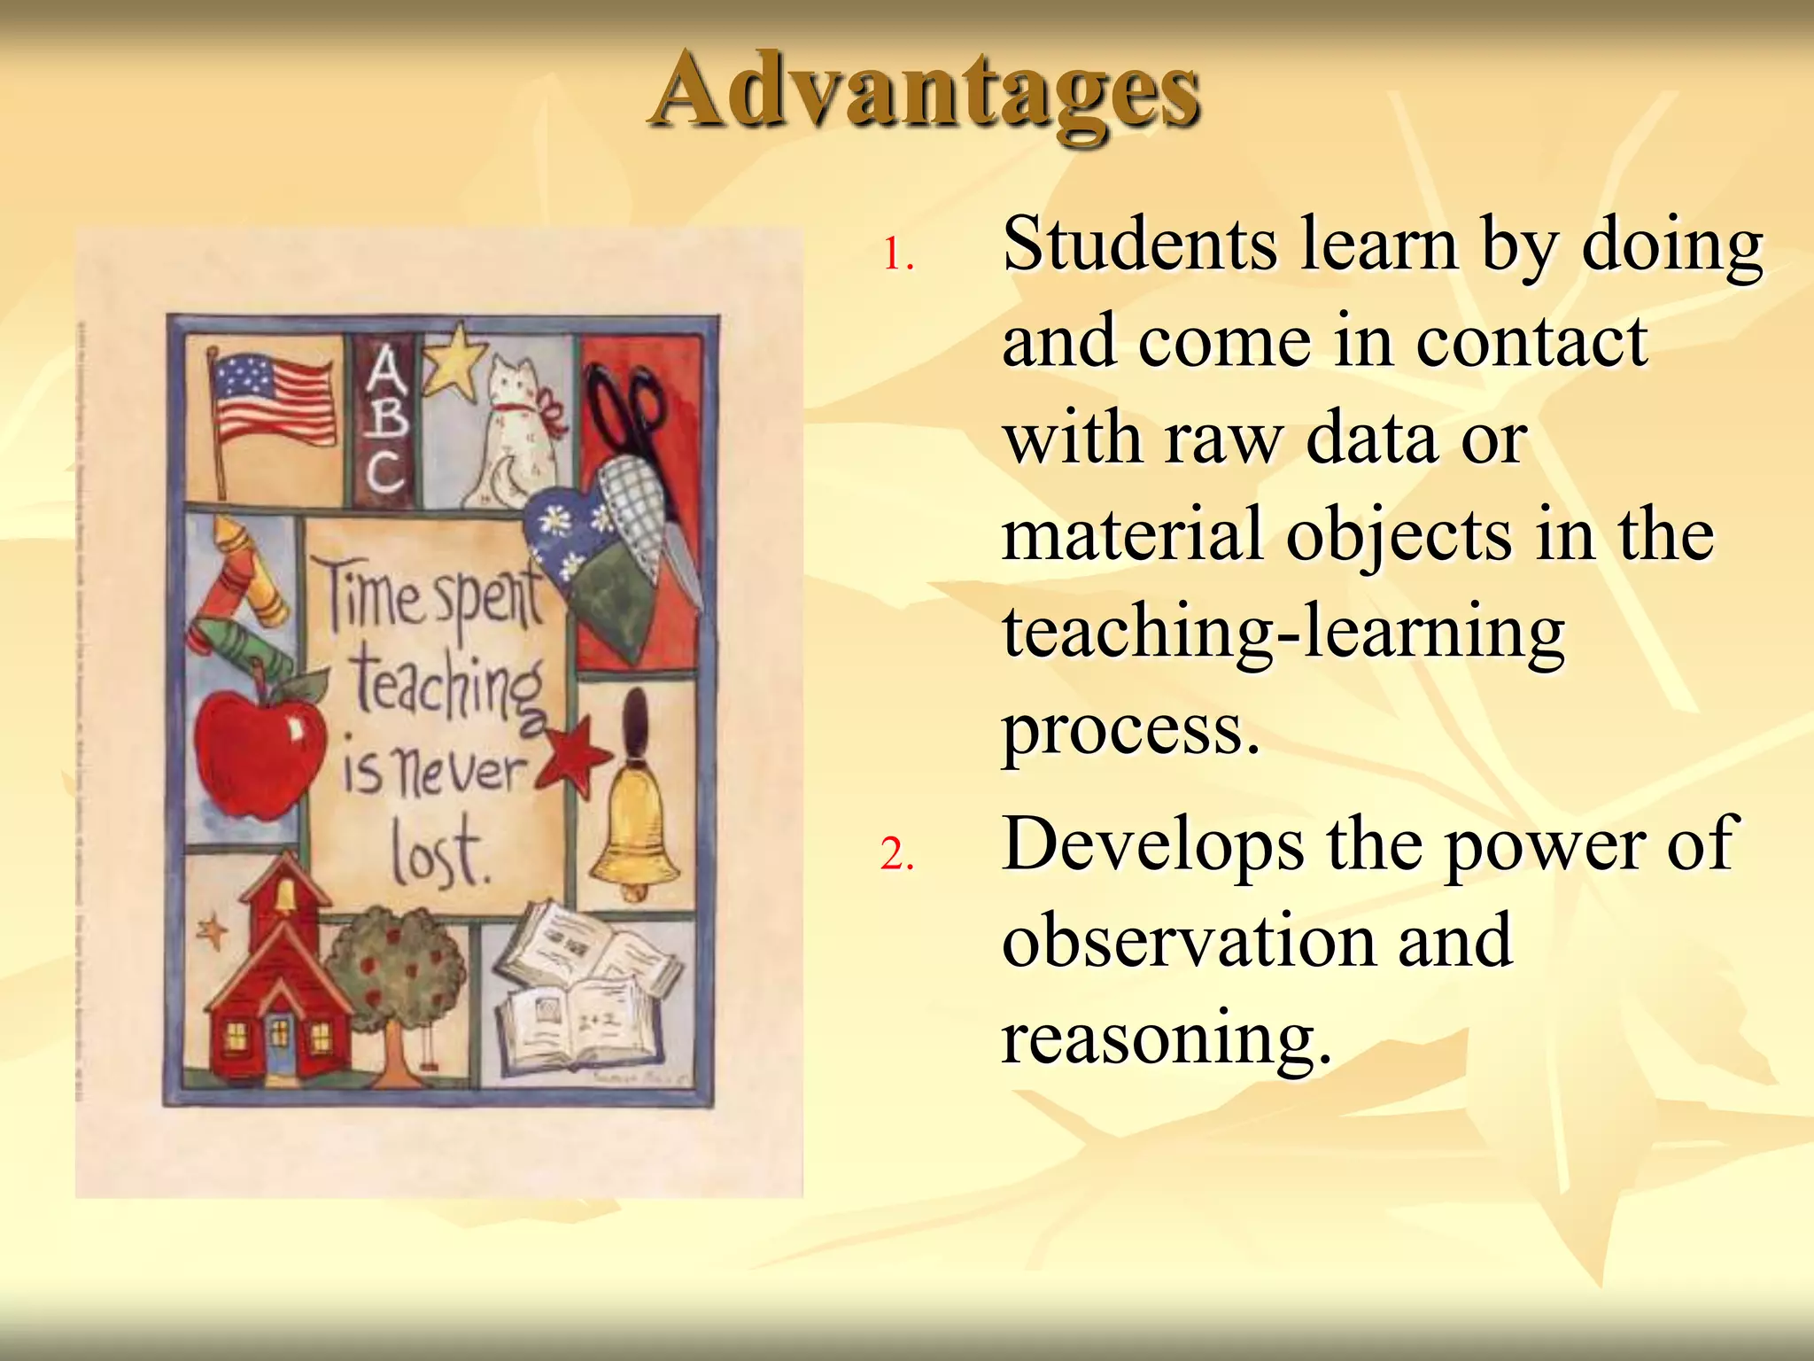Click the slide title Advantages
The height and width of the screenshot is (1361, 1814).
tap(925, 92)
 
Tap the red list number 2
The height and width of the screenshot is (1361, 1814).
tap(896, 855)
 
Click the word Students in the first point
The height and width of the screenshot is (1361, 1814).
tap(1140, 245)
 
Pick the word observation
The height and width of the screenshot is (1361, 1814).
tap(1188, 941)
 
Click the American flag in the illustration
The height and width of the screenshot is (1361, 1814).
tap(271, 401)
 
